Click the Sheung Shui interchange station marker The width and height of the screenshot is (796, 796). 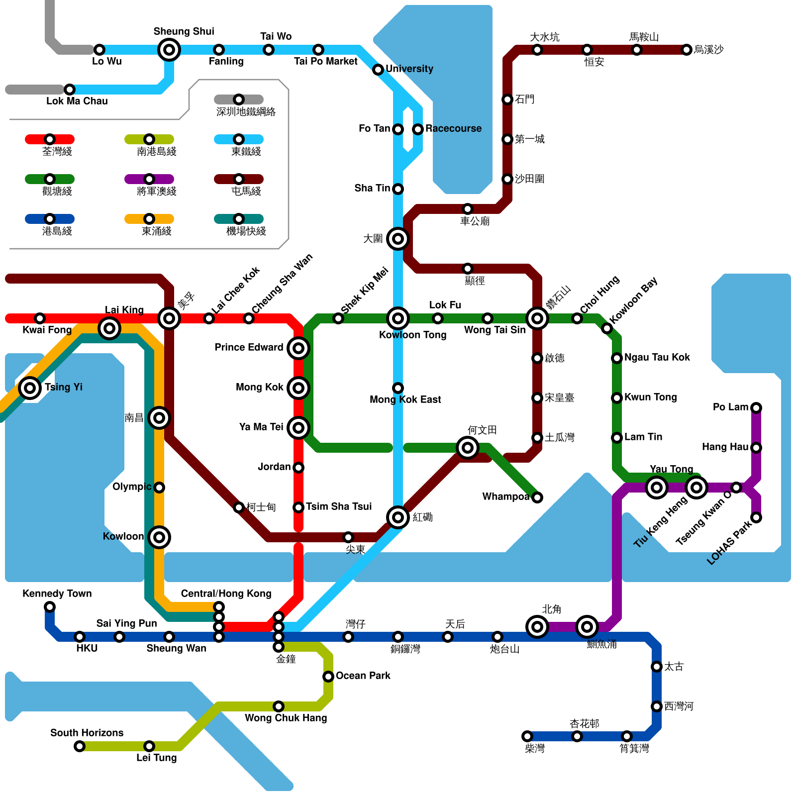click(169, 50)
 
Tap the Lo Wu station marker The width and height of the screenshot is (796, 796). click(99, 50)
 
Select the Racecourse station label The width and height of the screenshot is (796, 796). click(453, 129)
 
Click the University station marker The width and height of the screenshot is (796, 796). click(378, 70)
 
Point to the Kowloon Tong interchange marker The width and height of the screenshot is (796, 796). click(398, 318)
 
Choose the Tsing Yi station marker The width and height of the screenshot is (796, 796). click(30, 388)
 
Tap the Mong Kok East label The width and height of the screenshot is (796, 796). click(405, 399)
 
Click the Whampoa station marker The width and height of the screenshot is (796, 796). click(537, 497)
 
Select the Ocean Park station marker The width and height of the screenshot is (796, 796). click(328, 677)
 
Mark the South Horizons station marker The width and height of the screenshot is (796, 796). click(80, 746)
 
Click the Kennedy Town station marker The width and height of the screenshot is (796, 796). click(50, 607)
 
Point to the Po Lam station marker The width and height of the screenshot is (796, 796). click(756, 408)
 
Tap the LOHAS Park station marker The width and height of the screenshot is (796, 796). click(756, 517)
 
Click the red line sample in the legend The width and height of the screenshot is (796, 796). click(50, 139)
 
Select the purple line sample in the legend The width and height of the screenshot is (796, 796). click(149, 179)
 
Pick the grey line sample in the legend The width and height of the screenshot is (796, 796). click(239, 99)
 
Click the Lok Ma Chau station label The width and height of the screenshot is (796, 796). click(77, 101)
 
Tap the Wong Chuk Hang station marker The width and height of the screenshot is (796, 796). click(279, 706)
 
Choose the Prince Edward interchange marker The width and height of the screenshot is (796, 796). click(298, 348)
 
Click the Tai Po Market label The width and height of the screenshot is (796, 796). click(325, 61)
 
